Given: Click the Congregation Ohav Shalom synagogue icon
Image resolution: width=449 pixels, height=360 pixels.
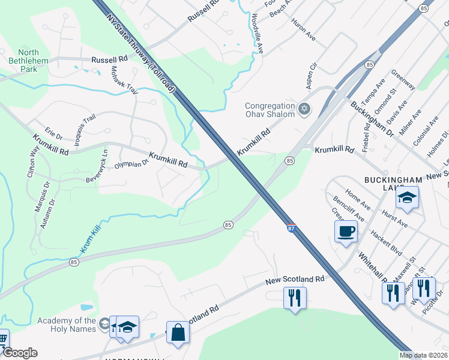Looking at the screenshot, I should (304, 109).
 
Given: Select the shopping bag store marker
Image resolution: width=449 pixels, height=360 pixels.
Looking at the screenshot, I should (179, 333).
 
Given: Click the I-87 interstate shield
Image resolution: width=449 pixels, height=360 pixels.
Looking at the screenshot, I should (291, 228).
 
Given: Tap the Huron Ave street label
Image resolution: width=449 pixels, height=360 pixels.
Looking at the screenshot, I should (303, 29).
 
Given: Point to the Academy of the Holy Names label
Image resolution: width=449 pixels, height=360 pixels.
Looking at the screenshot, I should (66, 325).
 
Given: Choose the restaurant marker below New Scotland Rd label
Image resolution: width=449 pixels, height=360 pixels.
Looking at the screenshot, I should (295, 298).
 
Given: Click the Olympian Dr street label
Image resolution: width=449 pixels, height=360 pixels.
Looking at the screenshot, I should (131, 163).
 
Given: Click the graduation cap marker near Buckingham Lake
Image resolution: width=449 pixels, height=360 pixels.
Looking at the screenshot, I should (408, 198).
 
